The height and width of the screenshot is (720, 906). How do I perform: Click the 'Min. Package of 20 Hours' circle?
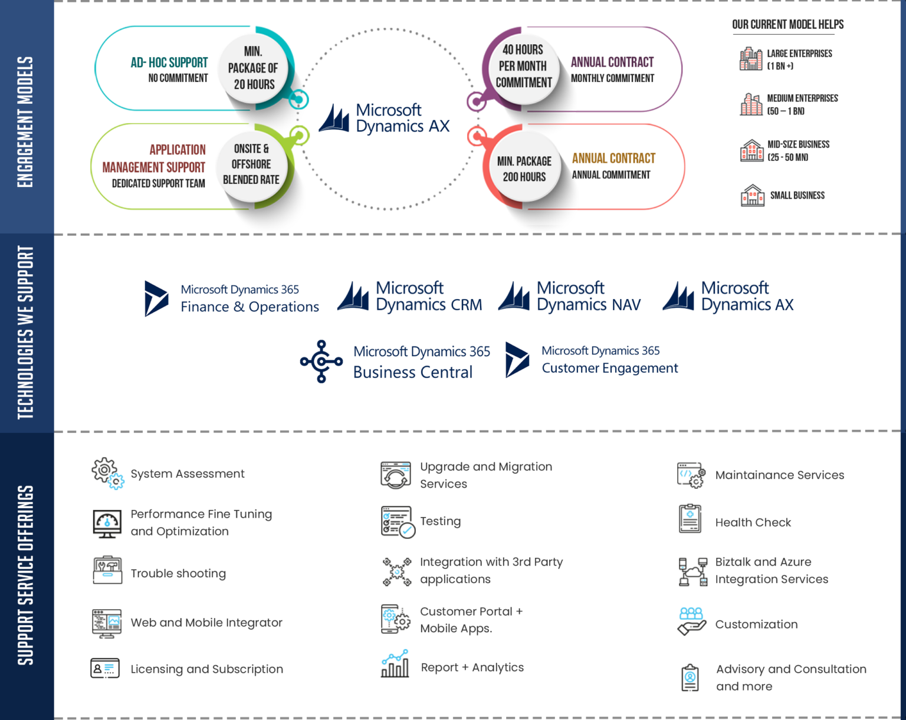(253, 68)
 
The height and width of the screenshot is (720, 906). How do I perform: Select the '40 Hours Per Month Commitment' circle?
(523, 66)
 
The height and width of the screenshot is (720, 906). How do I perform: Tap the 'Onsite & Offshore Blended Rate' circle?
(251, 165)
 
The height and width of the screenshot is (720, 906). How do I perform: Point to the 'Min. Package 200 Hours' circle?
(524, 169)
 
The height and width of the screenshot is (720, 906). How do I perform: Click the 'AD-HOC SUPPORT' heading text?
(169, 63)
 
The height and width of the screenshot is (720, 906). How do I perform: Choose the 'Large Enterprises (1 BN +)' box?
(793, 59)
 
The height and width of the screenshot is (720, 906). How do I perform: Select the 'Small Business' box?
(793, 196)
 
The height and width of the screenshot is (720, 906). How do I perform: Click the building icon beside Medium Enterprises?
(751, 104)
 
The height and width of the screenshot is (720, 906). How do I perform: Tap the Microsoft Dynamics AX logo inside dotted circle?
(385, 119)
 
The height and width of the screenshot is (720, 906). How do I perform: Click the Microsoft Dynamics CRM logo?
(410, 297)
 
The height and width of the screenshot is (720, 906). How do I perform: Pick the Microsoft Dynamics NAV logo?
(570, 297)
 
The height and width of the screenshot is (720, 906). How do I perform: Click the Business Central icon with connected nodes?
(321, 361)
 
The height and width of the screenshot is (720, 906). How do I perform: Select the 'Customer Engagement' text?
(609, 369)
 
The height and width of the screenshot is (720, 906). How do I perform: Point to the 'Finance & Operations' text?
(250, 307)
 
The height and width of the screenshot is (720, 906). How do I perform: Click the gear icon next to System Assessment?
(108, 474)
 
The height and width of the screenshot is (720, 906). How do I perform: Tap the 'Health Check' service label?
(753, 522)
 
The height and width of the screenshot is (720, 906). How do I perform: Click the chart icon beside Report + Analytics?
(395, 664)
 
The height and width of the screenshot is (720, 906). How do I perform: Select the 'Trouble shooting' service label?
(178, 574)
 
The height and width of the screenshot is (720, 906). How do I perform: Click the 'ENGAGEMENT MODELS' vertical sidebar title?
(25, 122)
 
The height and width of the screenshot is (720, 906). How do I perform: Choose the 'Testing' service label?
(440, 521)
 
